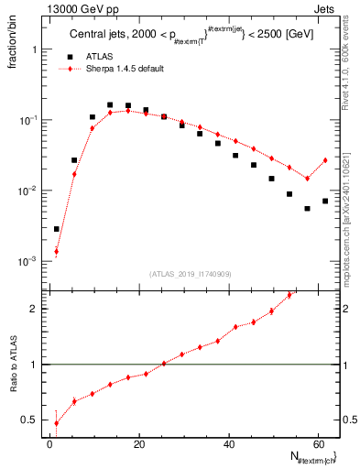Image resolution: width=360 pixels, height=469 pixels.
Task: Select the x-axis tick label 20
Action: pyautogui.click(x=138, y=444)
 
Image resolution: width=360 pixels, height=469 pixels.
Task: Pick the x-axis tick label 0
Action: pyautogui.click(x=50, y=444)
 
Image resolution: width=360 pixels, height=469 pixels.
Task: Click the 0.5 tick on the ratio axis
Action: pyautogui.click(x=30, y=420)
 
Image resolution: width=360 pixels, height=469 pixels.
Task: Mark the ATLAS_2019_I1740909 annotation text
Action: pyautogui.click(x=190, y=273)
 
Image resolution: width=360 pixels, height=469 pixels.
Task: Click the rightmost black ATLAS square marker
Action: pyautogui.click(x=324, y=201)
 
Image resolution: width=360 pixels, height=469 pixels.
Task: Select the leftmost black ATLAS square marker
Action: pyautogui.click(x=57, y=229)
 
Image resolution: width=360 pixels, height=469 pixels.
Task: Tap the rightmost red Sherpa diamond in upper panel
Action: pyautogui.click(x=324, y=160)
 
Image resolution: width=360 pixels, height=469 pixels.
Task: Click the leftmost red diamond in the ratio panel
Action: pyautogui.click(x=57, y=422)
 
